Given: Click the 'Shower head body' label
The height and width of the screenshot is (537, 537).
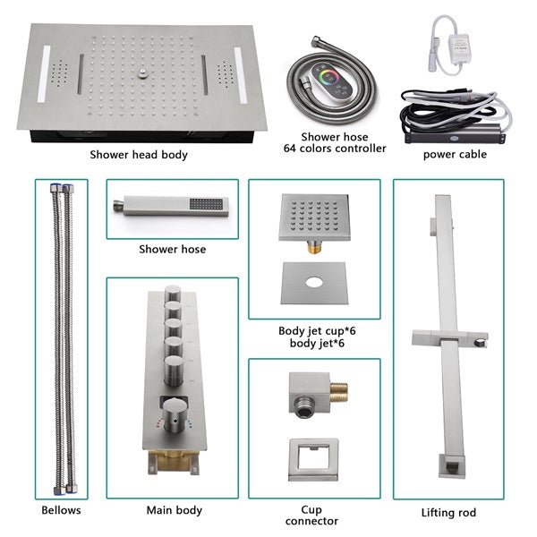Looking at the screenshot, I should click(x=139, y=155).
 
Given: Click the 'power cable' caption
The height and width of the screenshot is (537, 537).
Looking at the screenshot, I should click(x=455, y=154).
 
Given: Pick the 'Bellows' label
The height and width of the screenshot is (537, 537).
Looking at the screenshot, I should click(x=61, y=511).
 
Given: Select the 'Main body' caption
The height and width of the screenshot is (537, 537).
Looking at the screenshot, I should click(x=174, y=511).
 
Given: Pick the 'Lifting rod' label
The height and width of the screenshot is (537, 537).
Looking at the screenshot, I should click(x=447, y=513).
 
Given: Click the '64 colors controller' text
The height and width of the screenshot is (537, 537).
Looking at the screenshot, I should click(x=335, y=148).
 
